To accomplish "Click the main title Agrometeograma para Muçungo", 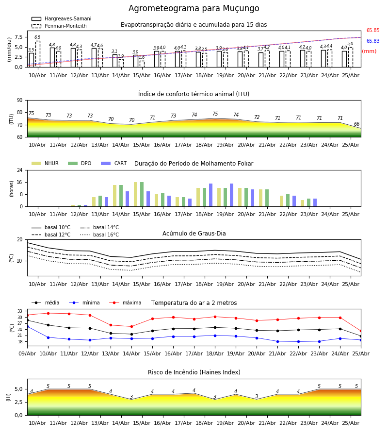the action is pyautogui.click(x=194, y=8).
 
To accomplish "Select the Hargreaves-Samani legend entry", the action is pyautogui.click(x=61, y=18).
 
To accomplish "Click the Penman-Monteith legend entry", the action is pyautogui.click(x=59, y=26).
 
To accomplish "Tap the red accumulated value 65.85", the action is pyautogui.click(x=373, y=31).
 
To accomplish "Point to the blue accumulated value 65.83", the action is pyautogui.click(x=373, y=41).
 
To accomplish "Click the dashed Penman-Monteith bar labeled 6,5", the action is pyautogui.click(x=37, y=54).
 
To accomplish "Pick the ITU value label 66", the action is pyautogui.click(x=356, y=124).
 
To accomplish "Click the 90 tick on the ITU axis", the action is pyautogui.click(x=20, y=101).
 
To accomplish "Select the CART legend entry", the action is pyautogui.click(x=113, y=163).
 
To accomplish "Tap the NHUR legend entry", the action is pyautogui.click(x=45, y=163).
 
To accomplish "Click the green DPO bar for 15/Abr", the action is pyautogui.click(x=142, y=194).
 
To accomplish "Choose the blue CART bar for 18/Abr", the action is pyautogui.click(x=210, y=195).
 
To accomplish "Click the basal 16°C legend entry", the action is pyautogui.click(x=99, y=235).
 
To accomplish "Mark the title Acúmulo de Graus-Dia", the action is pyautogui.click(x=194, y=234).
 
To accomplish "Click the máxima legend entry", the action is pyautogui.click(x=125, y=303).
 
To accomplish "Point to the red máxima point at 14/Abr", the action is pyautogui.click(x=131, y=326).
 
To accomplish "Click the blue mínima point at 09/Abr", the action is pyautogui.click(x=28, y=326).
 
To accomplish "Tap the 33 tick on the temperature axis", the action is pyautogui.click(x=20, y=311).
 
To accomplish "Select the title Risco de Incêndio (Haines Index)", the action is pyautogui.click(x=194, y=372).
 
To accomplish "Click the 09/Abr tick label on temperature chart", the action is pyautogui.click(x=27, y=353).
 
